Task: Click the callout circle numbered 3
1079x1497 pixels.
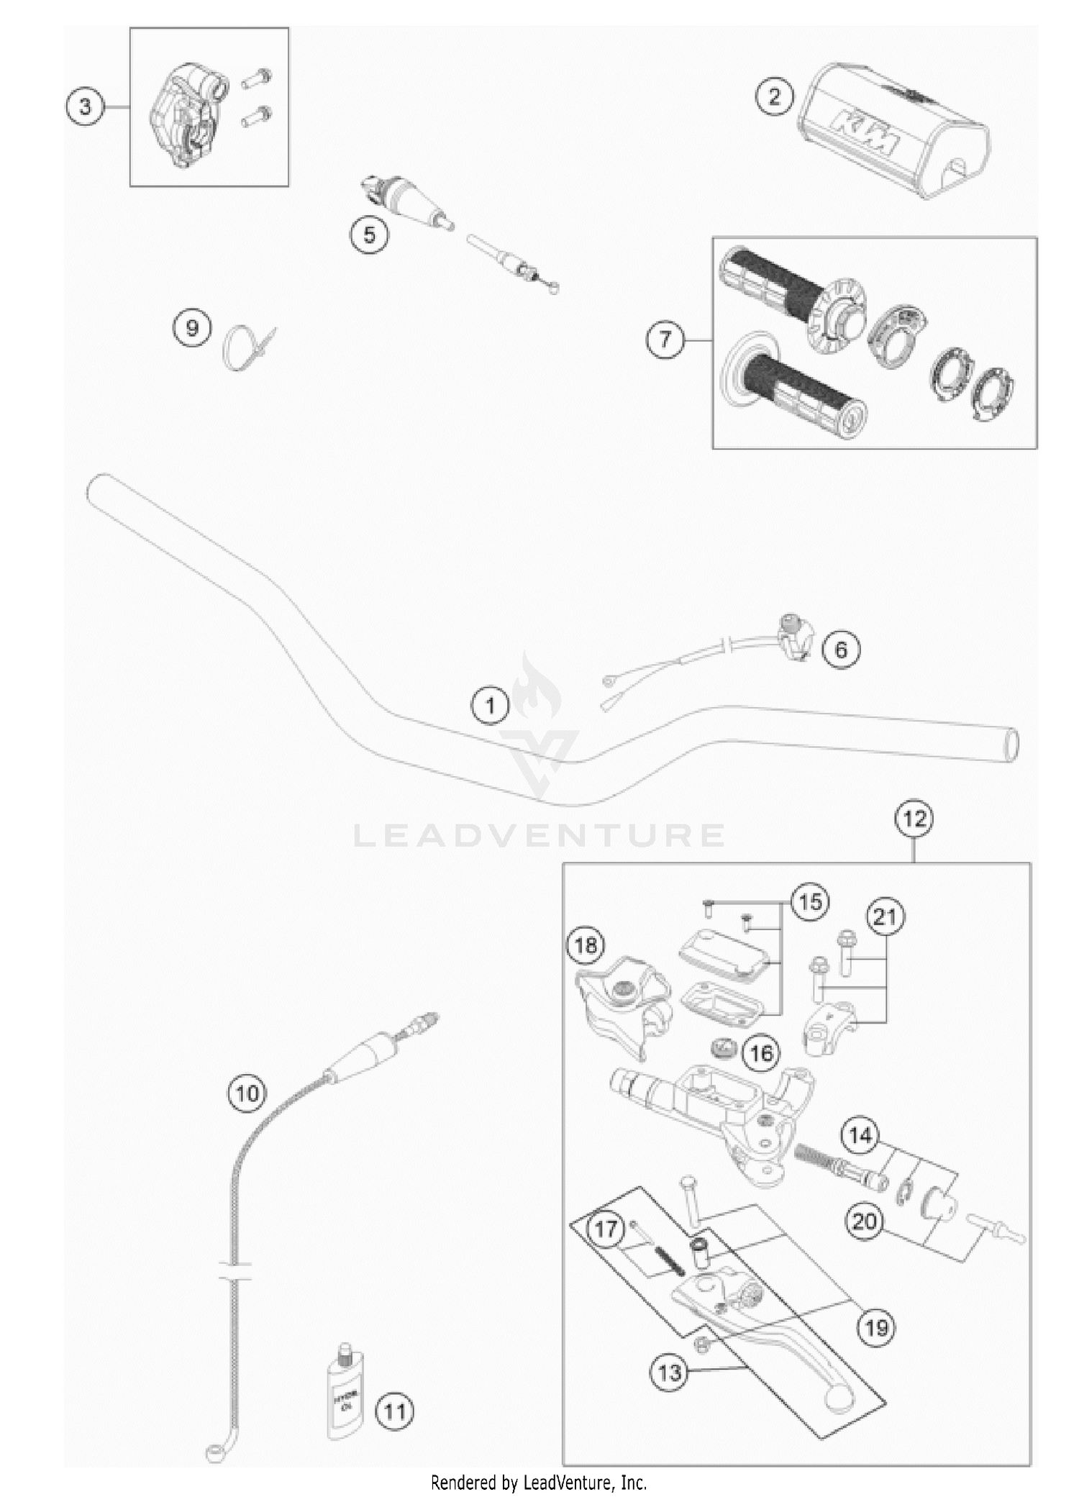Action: [x=86, y=107]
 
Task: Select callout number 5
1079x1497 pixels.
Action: [x=369, y=235]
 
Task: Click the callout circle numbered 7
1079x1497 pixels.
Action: [x=665, y=338]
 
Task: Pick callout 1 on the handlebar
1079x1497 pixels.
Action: [x=490, y=705]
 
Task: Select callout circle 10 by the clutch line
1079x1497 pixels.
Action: [x=247, y=1093]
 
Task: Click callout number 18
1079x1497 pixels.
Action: [x=586, y=945]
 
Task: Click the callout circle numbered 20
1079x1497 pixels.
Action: [x=865, y=1221]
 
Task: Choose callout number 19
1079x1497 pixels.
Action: [x=875, y=1327]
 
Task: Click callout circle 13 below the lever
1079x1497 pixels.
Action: [x=670, y=1372]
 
